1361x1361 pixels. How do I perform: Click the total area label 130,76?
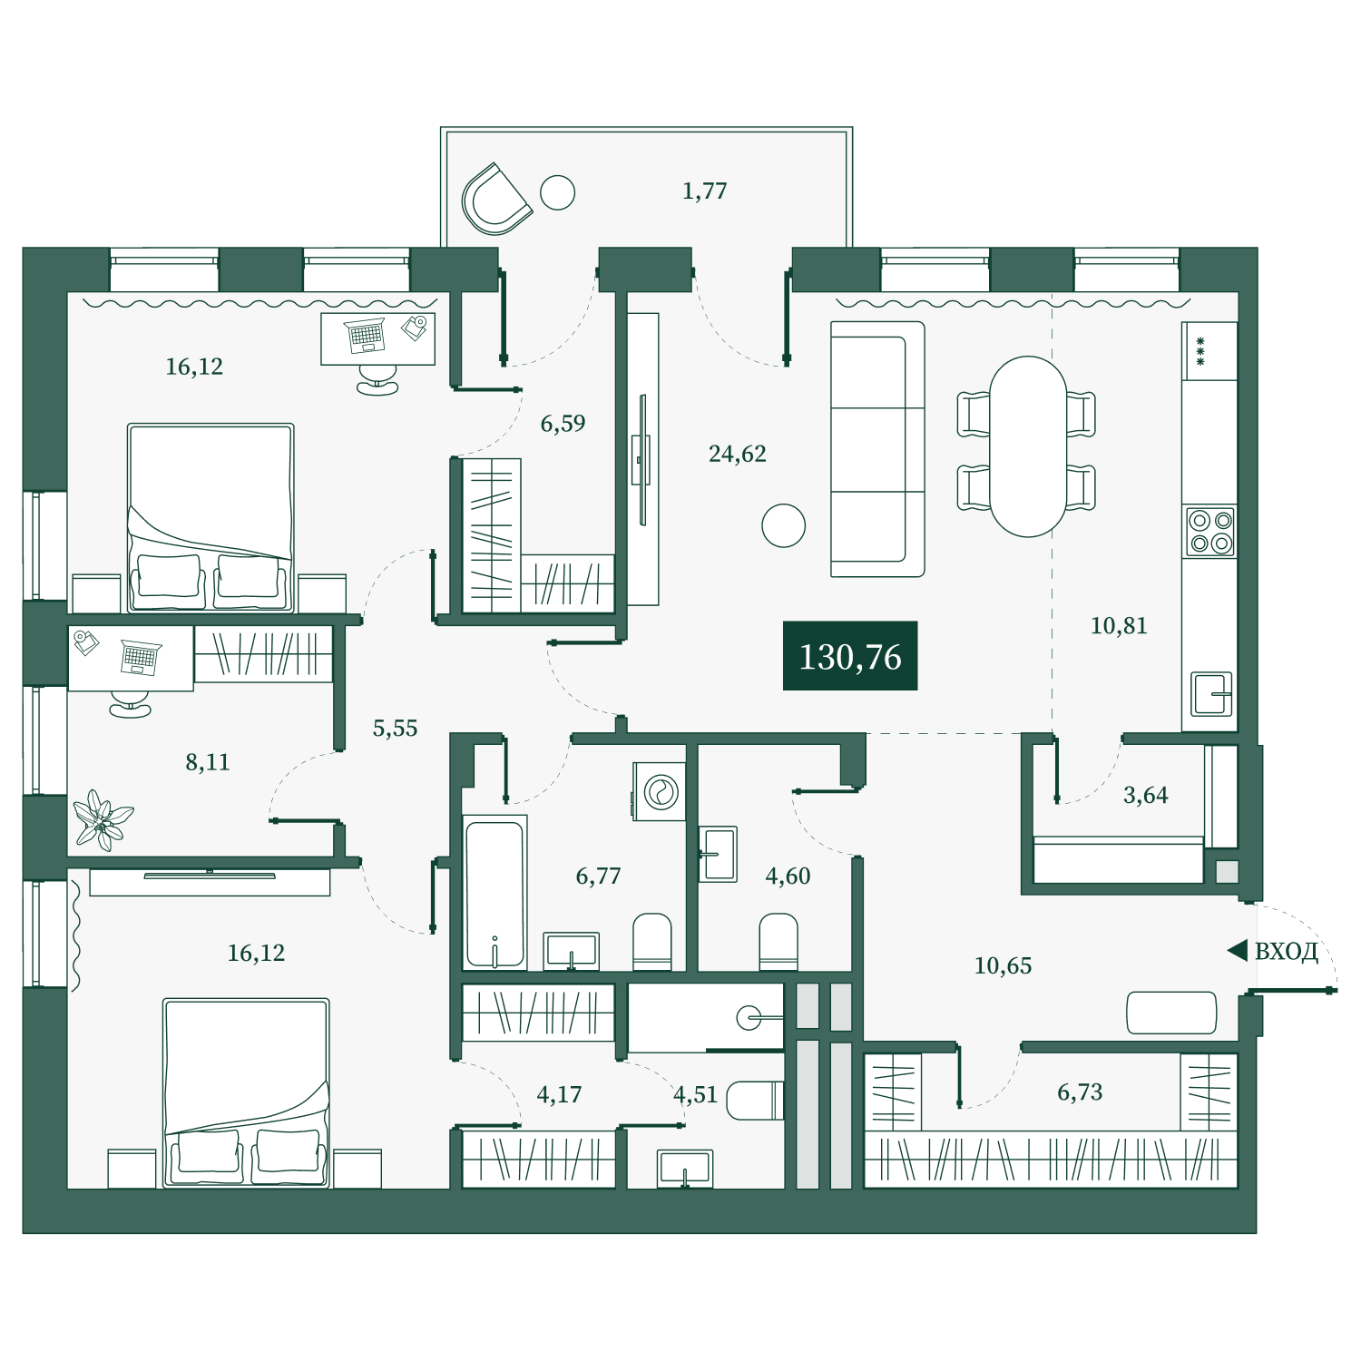coord(850,657)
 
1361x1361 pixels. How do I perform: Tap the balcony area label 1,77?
coord(704,191)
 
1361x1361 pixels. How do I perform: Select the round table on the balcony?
coord(558,192)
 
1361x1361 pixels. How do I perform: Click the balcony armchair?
coord(495,199)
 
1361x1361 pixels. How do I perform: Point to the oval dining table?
coord(1028,446)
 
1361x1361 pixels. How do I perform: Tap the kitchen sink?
coord(1211,694)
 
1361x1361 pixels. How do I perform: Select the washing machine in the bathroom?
coord(660,791)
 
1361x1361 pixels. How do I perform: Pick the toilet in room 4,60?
coord(778,942)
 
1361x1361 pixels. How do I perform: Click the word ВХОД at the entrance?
coord(1286,951)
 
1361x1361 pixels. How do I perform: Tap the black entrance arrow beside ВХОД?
coord(1237,951)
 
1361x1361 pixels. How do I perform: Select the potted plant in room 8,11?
coord(103,820)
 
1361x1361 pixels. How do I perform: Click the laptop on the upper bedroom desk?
coord(366,336)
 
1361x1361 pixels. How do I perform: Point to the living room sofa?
coord(877,449)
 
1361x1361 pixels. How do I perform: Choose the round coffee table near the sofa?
coord(784,525)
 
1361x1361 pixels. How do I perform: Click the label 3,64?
coord(1146,795)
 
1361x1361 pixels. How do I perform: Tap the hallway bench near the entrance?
coord(1171,1013)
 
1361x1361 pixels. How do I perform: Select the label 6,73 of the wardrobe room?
coord(1080,1092)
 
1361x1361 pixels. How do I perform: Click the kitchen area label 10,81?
coord(1119,625)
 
